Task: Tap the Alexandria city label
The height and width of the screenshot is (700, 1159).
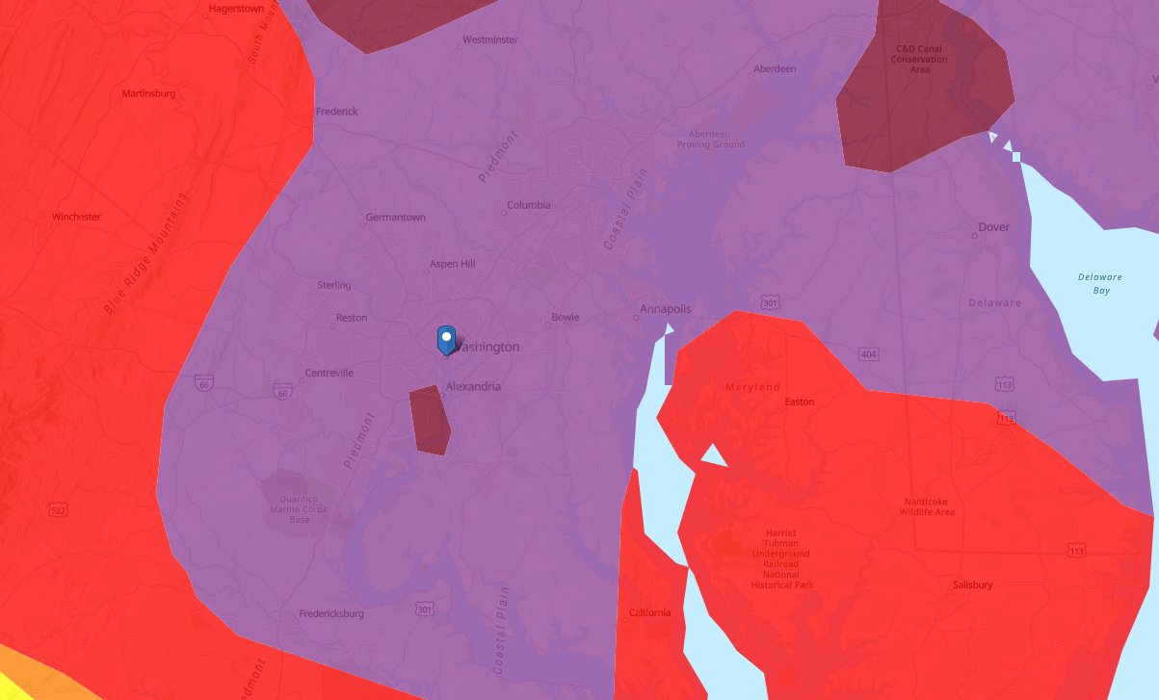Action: tap(473, 386)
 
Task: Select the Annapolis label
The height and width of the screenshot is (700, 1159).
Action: tap(666, 309)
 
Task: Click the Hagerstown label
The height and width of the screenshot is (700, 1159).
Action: tap(236, 9)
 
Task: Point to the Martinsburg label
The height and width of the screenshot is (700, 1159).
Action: tap(148, 93)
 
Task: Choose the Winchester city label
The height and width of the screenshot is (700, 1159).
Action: tap(76, 217)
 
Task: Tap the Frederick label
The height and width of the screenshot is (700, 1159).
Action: tap(337, 112)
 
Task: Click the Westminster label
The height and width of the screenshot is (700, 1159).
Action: tap(490, 40)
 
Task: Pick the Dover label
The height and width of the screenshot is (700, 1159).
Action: tap(993, 227)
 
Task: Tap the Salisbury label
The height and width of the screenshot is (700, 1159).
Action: tap(972, 584)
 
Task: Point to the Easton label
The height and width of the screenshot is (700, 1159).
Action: tap(800, 402)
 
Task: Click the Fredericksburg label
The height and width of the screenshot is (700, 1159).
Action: tap(331, 613)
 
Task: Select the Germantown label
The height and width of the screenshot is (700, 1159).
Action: tap(396, 218)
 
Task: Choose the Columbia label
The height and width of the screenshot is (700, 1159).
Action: tap(529, 205)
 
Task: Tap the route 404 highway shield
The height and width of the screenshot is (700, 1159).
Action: tap(869, 354)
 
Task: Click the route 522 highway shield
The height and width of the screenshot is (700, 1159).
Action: tap(59, 508)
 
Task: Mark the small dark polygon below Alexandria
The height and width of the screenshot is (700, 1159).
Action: tap(430, 420)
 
